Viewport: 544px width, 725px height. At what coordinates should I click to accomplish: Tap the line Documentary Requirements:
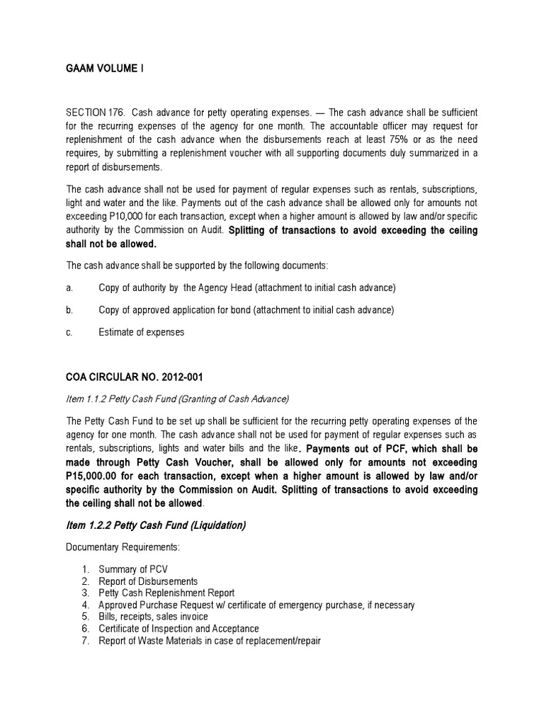tap(113, 548)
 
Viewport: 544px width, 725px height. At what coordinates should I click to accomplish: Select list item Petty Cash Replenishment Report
tap(167, 593)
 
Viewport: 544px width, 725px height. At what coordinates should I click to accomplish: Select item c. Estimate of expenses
tap(142, 332)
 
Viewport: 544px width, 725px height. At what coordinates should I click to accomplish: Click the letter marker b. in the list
tap(69, 309)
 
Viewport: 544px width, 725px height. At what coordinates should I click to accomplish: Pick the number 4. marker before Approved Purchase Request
tap(85, 605)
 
